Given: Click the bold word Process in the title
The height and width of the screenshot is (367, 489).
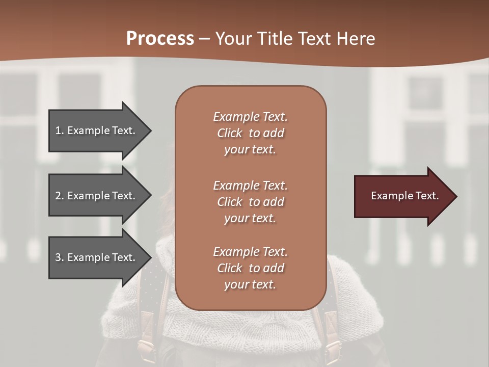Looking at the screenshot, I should click(x=160, y=39).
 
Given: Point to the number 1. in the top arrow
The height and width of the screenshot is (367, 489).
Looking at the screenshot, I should click(x=60, y=130).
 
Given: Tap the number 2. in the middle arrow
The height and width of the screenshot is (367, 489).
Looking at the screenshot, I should click(x=60, y=196).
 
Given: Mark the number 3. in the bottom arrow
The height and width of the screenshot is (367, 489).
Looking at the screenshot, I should click(x=60, y=257).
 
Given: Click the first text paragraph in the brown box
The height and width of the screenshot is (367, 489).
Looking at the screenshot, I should click(x=250, y=133).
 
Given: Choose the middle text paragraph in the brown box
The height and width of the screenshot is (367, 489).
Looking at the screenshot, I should click(x=250, y=202).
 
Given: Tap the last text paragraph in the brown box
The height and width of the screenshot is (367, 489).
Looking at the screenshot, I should click(x=250, y=268).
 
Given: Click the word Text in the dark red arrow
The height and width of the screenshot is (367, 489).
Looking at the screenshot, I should click(x=427, y=196).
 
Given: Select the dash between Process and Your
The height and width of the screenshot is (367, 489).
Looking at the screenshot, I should click(x=204, y=39).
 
